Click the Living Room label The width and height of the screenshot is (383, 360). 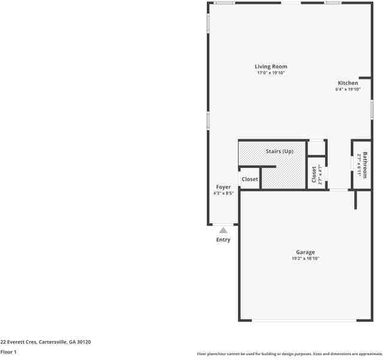pyautogui.click(x=270, y=67)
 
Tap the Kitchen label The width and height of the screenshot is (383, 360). pyautogui.click(x=348, y=83)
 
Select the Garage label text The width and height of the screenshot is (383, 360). pyautogui.click(x=305, y=252)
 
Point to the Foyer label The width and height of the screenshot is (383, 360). pyautogui.click(x=223, y=187)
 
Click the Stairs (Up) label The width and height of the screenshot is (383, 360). pyautogui.click(x=279, y=151)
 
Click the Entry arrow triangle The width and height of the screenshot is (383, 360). pyautogui.click(x=223, y=230)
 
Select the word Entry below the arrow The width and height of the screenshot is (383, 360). pyautogui.click(x=223, y=240)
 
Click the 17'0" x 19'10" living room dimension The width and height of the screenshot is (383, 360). pyautogui.click(x=270, y=73)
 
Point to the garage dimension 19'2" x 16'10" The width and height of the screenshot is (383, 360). pyautogui.click(x=305, y=259)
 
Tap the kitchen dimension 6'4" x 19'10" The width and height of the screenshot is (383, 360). pyautogui.click(x=348, y=89)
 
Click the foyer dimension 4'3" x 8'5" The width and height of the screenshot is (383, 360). pyautogui.click(x=223, y=194)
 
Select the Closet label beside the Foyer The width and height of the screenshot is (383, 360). pyautogui.click(x=249, y=179)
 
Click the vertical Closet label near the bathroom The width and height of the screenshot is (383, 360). pyautogui.click(x=313, y=174)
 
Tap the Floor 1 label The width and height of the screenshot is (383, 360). pyautogui.click(x=8, y=352)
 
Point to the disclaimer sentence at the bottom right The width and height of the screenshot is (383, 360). pyautogui.click(x=289, y=354)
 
